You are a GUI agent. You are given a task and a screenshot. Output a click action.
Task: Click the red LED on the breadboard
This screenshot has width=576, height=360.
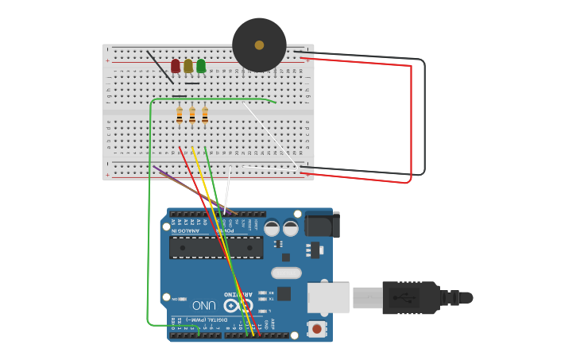176,65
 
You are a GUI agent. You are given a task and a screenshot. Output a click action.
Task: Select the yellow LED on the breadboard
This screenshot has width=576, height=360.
188,65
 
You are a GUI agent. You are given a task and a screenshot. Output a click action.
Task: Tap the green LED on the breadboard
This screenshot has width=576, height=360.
201,65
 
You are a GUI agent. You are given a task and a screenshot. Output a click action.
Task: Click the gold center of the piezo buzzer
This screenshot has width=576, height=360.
259,45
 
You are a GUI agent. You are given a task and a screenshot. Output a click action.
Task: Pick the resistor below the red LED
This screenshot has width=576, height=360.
180,115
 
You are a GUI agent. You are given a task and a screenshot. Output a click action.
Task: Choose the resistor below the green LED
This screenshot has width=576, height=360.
205,115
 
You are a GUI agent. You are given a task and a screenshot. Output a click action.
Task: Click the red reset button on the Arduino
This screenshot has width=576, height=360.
317,328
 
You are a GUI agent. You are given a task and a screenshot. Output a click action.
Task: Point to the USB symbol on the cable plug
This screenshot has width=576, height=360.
408,297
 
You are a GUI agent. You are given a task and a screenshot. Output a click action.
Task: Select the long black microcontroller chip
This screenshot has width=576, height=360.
215,247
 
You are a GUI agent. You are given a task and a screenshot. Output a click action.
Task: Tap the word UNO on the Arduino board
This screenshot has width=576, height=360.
203,305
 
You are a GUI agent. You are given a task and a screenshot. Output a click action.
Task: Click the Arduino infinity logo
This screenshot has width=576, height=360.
231,305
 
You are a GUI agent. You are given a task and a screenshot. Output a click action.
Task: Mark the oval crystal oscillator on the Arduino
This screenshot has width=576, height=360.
286,273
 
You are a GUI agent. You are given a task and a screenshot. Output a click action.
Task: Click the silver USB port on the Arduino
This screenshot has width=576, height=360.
327,297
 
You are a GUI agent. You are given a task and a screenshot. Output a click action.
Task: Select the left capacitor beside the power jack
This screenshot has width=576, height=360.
272,228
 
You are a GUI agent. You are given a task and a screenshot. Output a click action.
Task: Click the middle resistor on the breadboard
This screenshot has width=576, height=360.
192,115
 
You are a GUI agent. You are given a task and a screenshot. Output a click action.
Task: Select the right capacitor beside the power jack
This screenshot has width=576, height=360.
291,228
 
